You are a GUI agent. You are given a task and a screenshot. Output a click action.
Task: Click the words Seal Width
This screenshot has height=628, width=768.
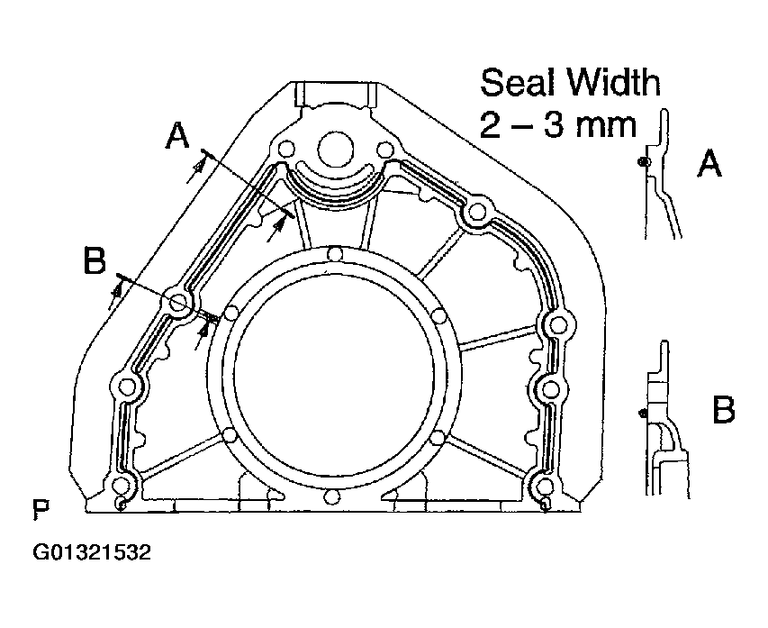click(x=570, y=83)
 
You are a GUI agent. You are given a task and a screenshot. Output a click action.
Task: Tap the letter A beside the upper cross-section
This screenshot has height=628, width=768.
click(x=710, y=164)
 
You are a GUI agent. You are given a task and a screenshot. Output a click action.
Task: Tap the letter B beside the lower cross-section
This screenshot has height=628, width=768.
click(x=723, y=412)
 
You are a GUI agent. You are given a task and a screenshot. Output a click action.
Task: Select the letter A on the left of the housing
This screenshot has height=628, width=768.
click(x=178, y=135)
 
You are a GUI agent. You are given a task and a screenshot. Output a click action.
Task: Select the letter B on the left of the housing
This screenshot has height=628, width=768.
click(x=95, y=262)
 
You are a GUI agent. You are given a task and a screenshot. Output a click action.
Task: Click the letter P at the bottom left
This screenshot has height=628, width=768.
click(x=41, y=511)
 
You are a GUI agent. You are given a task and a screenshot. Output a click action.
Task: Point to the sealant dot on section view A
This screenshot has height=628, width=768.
click(x=640, y=161)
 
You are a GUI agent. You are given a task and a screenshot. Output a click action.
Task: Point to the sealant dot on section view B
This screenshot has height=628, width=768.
click(x=639, y=414)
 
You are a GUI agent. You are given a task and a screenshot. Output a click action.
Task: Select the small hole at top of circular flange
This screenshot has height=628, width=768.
click(x=334, y=254)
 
